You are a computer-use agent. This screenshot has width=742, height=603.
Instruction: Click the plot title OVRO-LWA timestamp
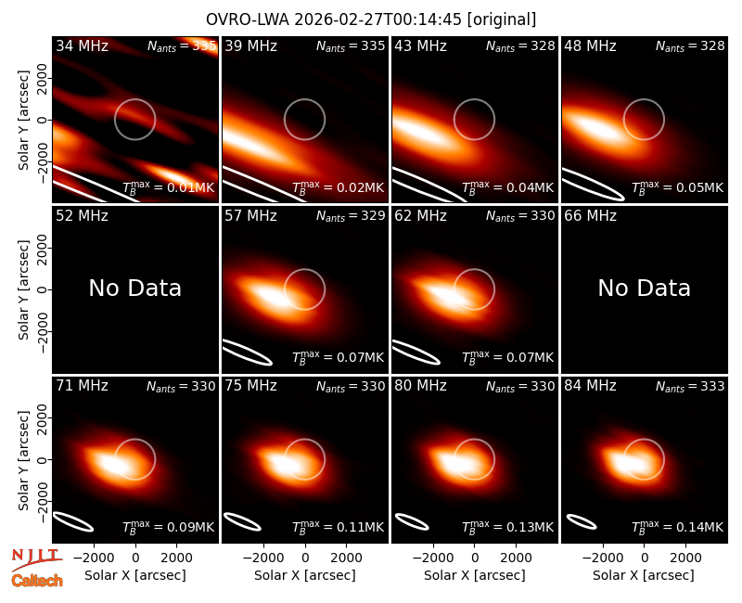click(371, 19)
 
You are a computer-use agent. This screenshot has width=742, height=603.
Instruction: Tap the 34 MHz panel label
click(82, 45)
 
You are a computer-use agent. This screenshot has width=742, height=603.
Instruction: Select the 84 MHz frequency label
click(590, 386)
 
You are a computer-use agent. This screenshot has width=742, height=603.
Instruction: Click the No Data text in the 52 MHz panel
click(134, 288)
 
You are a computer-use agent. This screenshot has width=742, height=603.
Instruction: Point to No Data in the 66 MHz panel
click(644, 288)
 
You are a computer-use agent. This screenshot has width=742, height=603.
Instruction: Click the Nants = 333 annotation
click(690, 387)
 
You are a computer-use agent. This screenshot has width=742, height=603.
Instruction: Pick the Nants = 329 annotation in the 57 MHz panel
click(351, 216)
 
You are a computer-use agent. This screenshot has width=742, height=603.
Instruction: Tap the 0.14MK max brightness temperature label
click(678, 527)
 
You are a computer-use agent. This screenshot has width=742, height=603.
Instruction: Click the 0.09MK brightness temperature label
click(169, 527)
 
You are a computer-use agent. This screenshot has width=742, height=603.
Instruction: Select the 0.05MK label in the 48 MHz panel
click(678, 187)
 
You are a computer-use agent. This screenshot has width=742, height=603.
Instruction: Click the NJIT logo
click(36, 559)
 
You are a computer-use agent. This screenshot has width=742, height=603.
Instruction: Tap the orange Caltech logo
click(37, 581)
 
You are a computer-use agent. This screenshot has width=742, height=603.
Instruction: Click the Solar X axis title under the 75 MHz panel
click(305, 575)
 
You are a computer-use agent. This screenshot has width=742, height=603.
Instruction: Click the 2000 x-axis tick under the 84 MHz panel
click(685, 558)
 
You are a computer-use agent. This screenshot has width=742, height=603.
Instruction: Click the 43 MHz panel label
click(421, 45)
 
